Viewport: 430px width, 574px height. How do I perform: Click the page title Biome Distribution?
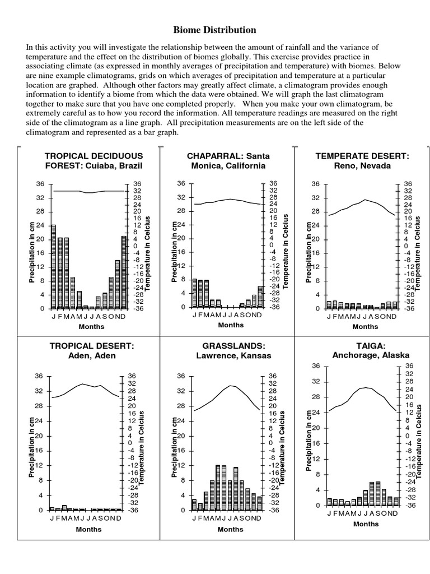[x=214, y=30]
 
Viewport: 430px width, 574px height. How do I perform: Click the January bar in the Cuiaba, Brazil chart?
[x=54, y=266]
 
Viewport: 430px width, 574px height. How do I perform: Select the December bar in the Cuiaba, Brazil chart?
[x=124, y=272]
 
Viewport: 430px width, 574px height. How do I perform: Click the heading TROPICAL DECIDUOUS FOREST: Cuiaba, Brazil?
[x=94, y=160]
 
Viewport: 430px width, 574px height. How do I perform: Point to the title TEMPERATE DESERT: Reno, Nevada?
[x=362, y=160]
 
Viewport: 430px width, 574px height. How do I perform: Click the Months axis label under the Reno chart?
[x=365, y=326]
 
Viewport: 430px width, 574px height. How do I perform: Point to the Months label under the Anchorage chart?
[x=366, y=524]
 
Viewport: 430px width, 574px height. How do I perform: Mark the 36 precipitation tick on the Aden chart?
[x=39, y=376]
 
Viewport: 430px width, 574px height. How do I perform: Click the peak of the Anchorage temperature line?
[x=365, y=387]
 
